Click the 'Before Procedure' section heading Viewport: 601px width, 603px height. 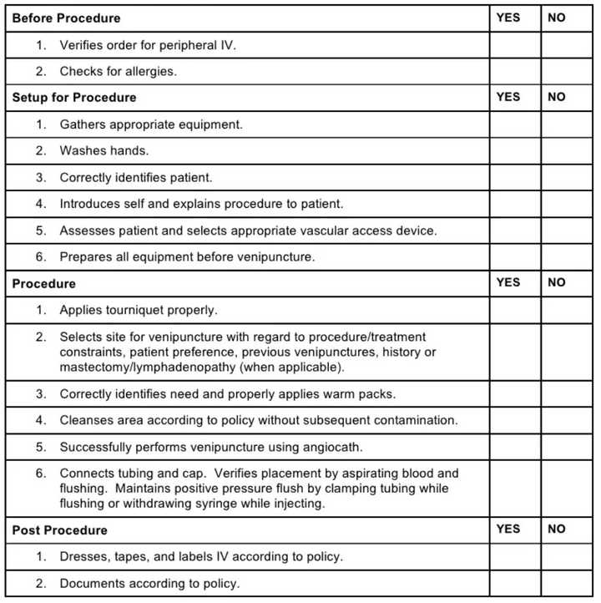click(x=66, y=18)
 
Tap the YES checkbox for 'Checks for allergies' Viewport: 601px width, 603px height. click(x=514, y=72)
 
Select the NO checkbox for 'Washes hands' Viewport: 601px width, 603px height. click(x=567, y=151)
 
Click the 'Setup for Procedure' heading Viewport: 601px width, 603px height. click(x=73, y=98)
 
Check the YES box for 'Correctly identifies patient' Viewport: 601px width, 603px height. click(x=514, y=178)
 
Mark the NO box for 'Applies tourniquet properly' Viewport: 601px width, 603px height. click(x=567, y=310)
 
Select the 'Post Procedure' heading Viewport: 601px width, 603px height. click(x=59, y=530)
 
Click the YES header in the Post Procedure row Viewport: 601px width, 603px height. click(x=508, y=529)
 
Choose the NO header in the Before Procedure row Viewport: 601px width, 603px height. click(x=556, y=17)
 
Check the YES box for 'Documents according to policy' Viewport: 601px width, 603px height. click(x=514, y=583)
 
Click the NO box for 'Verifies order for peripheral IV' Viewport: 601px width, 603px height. click(x=567, y=45)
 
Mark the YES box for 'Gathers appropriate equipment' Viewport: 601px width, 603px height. click(x=514, y=124)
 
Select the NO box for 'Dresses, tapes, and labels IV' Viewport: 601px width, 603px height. click(x=567, y=556)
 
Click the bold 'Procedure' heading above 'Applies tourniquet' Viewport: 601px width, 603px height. click(x=43, y=284)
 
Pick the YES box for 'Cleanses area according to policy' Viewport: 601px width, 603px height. click(x=514, y=420)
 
